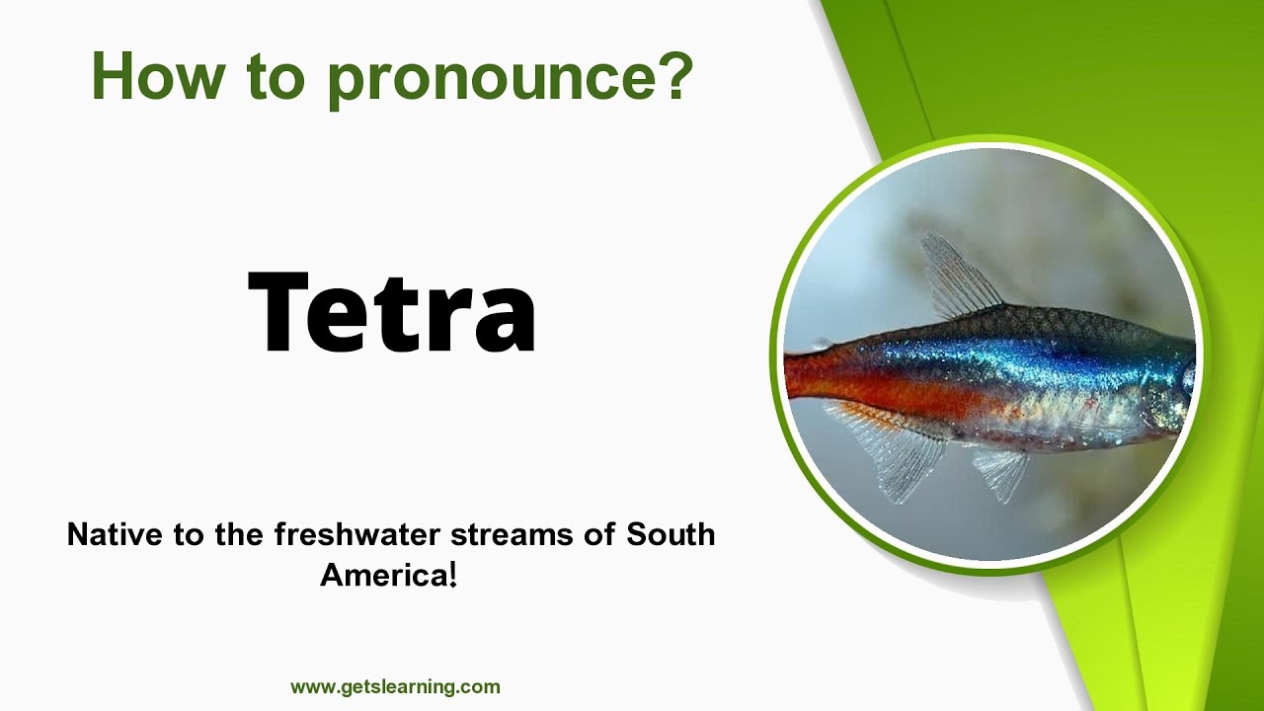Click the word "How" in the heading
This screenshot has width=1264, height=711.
coord(153,76)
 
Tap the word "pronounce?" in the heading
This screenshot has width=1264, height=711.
coord(510,79)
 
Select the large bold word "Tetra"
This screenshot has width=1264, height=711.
coord(392,311)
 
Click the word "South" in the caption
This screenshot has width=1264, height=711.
coord(671,534)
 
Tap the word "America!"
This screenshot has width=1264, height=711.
coord(388,575)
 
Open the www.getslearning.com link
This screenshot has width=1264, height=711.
coord(395,686)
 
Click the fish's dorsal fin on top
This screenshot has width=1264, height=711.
coord(955,276)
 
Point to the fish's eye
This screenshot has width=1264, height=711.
coord(1187,378)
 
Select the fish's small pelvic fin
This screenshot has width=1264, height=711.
coord(999,471)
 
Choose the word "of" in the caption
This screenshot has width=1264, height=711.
coord(598,534)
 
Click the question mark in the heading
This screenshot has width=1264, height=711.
coord(672,76)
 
